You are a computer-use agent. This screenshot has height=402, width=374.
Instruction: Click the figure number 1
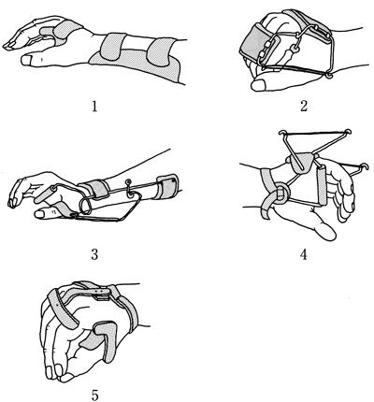pyautogui.click(x=94, y=107)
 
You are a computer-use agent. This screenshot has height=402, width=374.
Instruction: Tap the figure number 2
pyautogui.click(x=304, y=107)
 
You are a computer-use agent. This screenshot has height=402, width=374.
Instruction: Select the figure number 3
pyautogui.click(x=94, y=254)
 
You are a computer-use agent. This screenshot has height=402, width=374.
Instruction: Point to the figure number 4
pyautogui.click(x=304, y=254)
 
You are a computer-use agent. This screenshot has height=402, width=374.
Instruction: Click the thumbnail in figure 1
pyautogui.click(x=26, y=59)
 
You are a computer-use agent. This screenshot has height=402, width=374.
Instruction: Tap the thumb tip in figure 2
pyautogui.click(x=258, y=84)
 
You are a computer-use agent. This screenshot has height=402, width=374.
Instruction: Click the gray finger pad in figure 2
pyautogui.click(x=254, y=43)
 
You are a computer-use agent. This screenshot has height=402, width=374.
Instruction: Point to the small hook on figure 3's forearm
pyautogui.click(x=128, y=188)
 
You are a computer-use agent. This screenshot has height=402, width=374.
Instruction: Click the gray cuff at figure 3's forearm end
pyautogui.click(x=168, y=186)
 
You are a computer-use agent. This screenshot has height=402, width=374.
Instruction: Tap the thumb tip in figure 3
pyautogui.click(x=39, y=214)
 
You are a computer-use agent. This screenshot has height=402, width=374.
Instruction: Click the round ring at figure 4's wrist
pyautogui.click(x=281, y=193)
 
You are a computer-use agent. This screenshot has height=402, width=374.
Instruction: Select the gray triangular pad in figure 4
pyautogui.click(x=301, y=162)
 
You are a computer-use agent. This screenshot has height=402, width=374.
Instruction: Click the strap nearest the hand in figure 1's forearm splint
pyautogui.click(x=113, y=47)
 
